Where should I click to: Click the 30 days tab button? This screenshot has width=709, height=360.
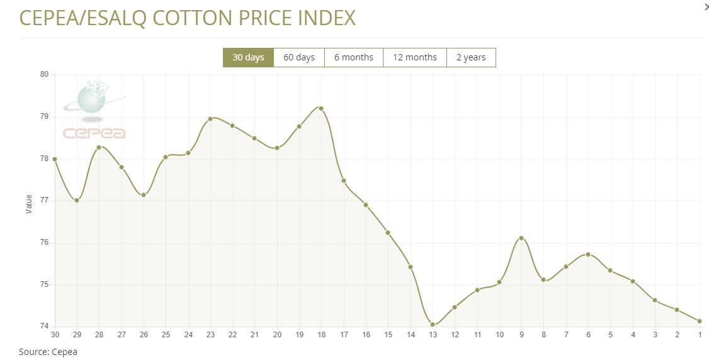tap(248, 57)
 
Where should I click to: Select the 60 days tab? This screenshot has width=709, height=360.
tap(299, 57)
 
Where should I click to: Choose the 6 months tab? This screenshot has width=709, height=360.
tap(353, 57)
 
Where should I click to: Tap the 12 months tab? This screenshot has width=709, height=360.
tap(414, 57)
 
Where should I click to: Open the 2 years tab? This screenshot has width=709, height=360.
tap(471, 57)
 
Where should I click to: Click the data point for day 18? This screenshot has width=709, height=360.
tap(321, 108)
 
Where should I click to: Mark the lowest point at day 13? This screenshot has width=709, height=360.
tap(433, 325)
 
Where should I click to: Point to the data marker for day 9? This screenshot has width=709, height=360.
tap(521, 238)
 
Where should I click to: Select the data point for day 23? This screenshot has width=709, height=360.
tap(210, 118)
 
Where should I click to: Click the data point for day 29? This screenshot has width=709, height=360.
tap(77, 200)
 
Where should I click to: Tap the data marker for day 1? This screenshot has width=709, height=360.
tap(700, 321)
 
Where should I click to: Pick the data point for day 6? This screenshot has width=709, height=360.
tap(588, 254)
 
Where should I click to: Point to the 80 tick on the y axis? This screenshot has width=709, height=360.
tap(44, 74)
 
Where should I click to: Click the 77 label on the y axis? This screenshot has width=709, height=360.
tap(44, 200)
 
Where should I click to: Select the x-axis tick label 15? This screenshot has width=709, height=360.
tap(388, 334)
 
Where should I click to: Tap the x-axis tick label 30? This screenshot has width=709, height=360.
tap(55, 334)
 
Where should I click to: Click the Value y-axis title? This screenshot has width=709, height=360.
tap(29, 204)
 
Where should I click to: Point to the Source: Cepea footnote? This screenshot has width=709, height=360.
tap(48, 352)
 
